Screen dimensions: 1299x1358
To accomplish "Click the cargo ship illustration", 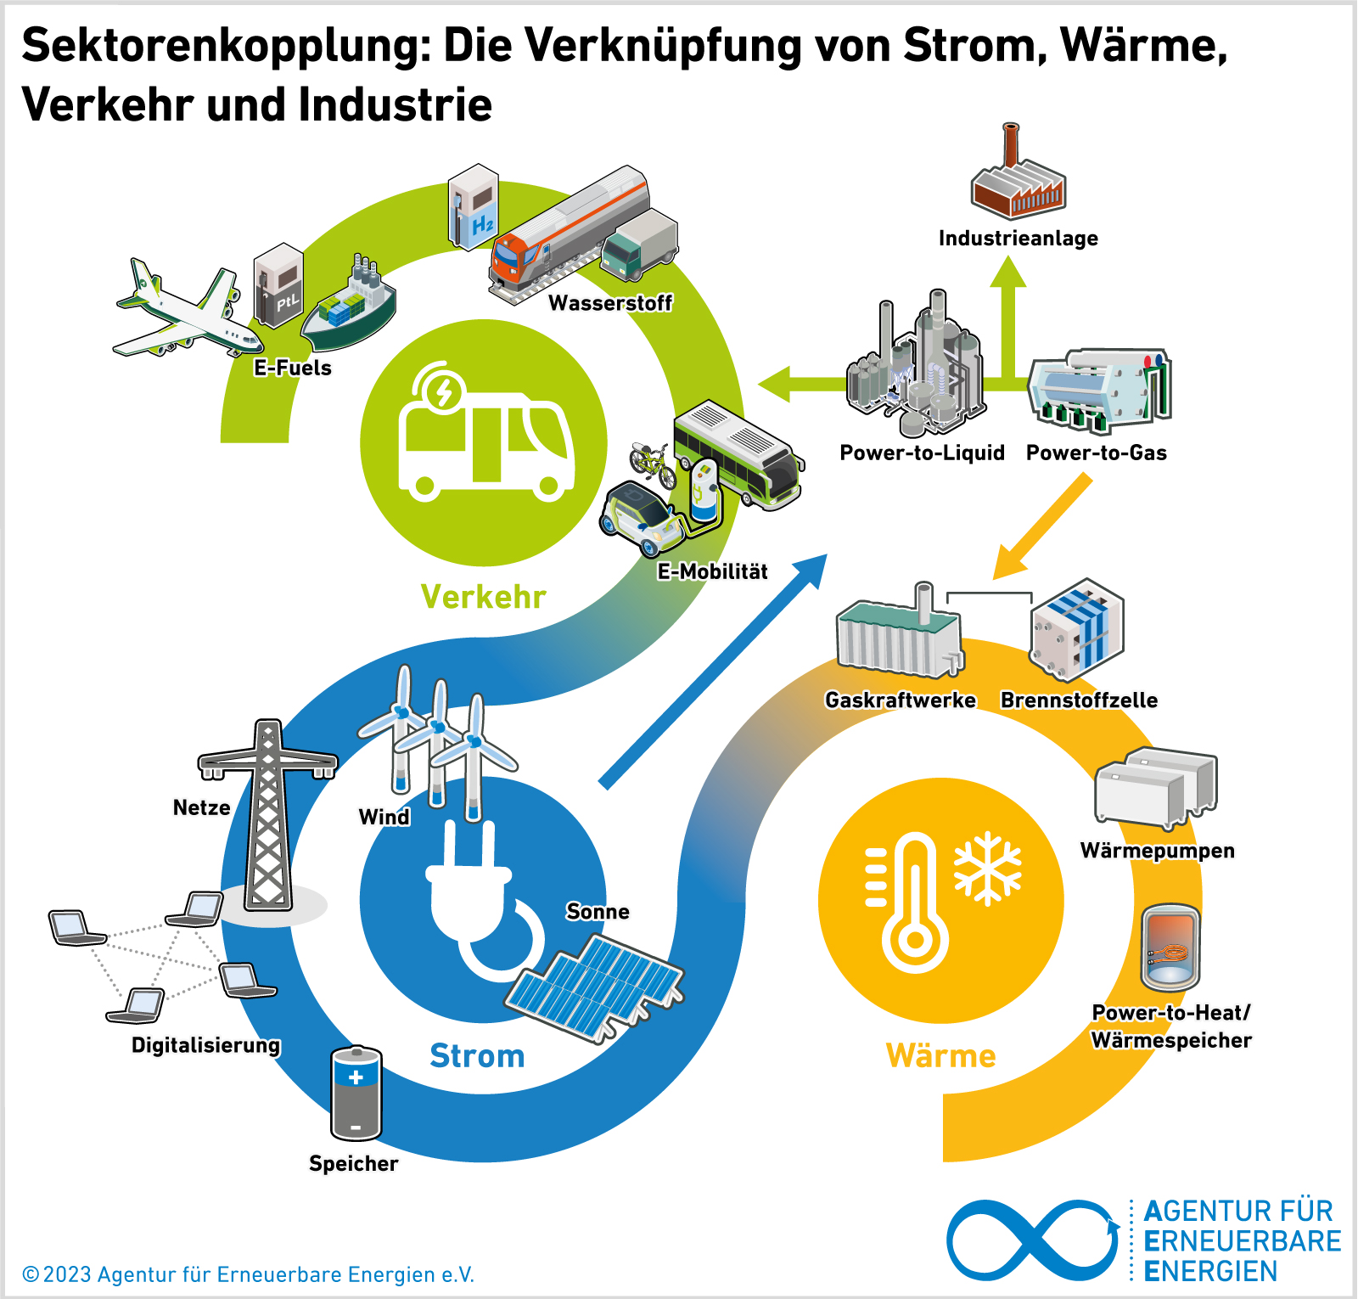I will (x=350, y=306).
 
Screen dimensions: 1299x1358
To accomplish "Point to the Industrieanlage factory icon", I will (x=1018, y=178).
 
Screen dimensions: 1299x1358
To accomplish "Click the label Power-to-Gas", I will (x=1096, y=453).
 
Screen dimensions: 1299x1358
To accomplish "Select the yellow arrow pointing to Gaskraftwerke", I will (x=1042, y=526).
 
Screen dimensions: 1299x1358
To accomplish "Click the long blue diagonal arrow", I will (x=713, y=671).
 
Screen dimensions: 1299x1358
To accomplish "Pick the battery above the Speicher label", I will (x=356, y=1094).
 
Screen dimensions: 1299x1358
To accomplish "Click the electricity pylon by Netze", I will (x=268, y=815).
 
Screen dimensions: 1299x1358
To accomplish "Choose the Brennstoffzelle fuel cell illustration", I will (x=1076, y=630).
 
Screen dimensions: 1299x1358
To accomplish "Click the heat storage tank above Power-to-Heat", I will (x=1170, y=948).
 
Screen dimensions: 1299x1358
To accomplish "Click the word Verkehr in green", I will (x=483, y=597).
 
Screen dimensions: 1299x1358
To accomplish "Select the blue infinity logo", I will (x=1032, y=1240).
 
